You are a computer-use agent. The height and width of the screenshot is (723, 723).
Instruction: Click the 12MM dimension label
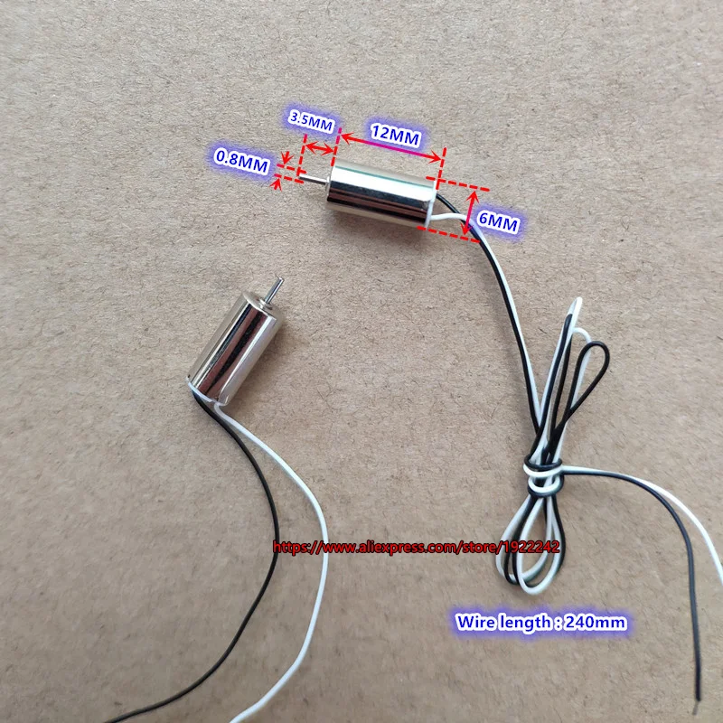click(396, 135)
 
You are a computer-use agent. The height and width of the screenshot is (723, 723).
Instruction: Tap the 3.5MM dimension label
click(311, 121)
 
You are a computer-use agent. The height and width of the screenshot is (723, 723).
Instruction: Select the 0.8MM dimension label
click(241, 162)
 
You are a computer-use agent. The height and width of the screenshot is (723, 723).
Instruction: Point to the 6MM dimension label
click(498, 223)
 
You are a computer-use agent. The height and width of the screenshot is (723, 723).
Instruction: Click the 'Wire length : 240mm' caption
click(541, 623)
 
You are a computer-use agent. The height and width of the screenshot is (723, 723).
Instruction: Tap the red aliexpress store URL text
click(417, 548)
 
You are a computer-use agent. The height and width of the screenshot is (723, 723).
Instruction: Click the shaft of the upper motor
click(314, 179)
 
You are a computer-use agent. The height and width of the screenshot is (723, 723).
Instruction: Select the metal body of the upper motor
click(381, 193)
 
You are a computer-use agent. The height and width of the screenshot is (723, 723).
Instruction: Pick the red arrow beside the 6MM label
click(471, 214)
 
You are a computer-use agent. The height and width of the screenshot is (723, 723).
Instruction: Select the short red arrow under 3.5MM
click(319, 148)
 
